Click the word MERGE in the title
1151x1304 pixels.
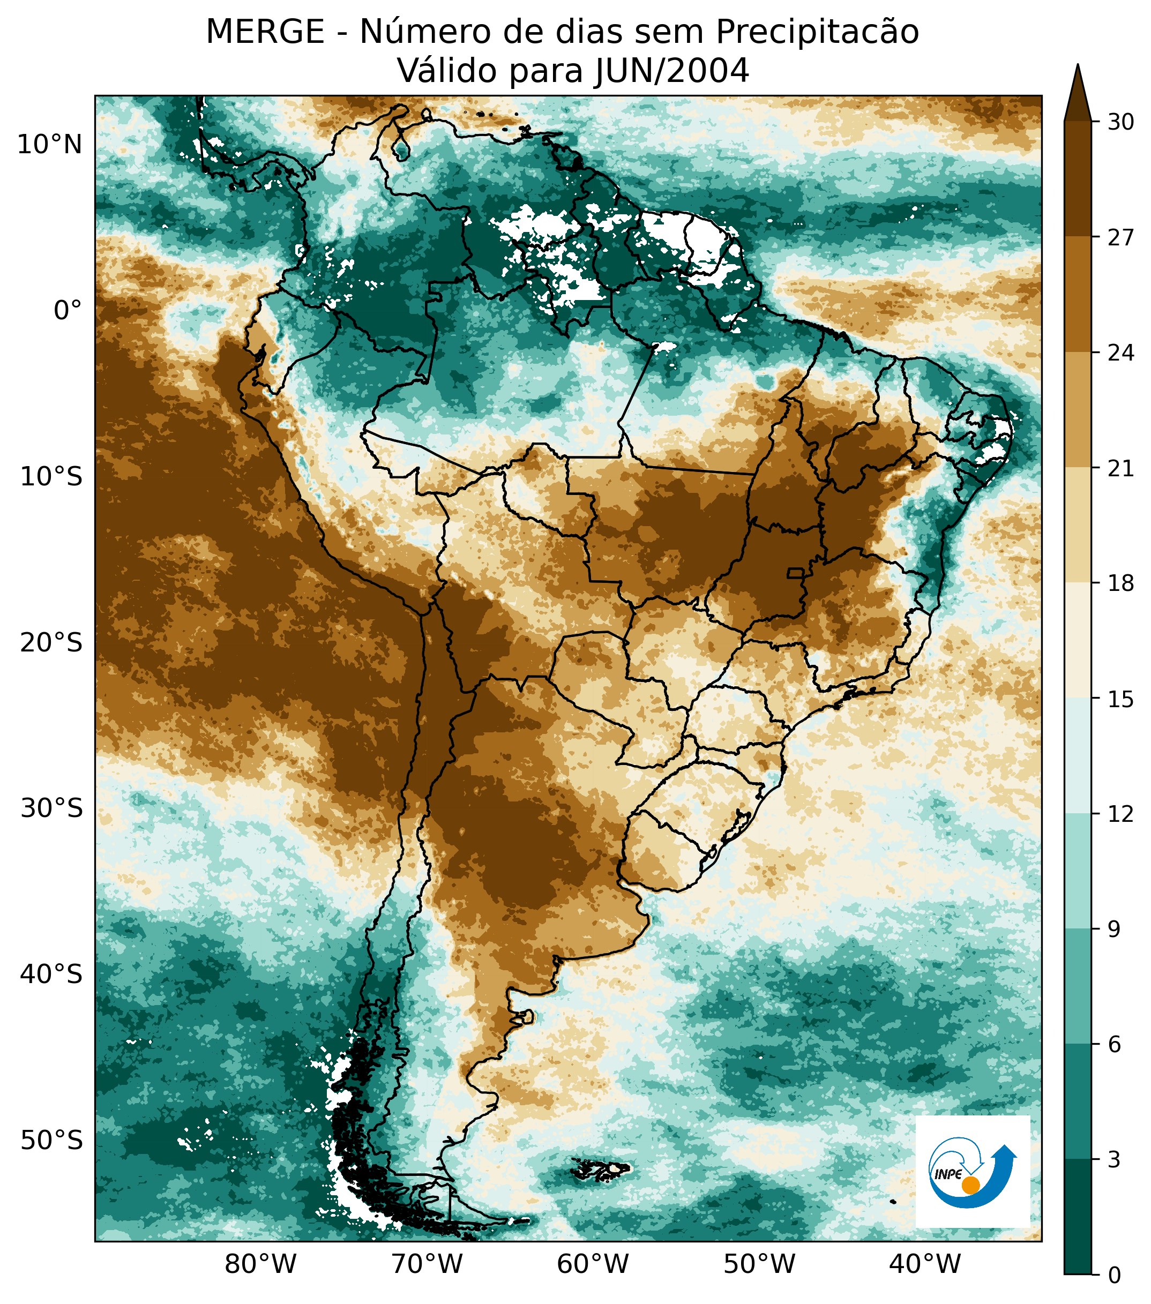tap(265, 32)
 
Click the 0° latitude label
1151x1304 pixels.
tap(68, 311)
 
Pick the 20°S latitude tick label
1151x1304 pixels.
tap(51, 642)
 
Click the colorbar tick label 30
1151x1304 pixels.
tap(1120, 122)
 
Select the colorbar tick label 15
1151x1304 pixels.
tap(1120, 699)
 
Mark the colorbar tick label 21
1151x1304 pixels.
tap(1120, 468)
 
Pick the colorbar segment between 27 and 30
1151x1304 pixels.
tap(1078, 178)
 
